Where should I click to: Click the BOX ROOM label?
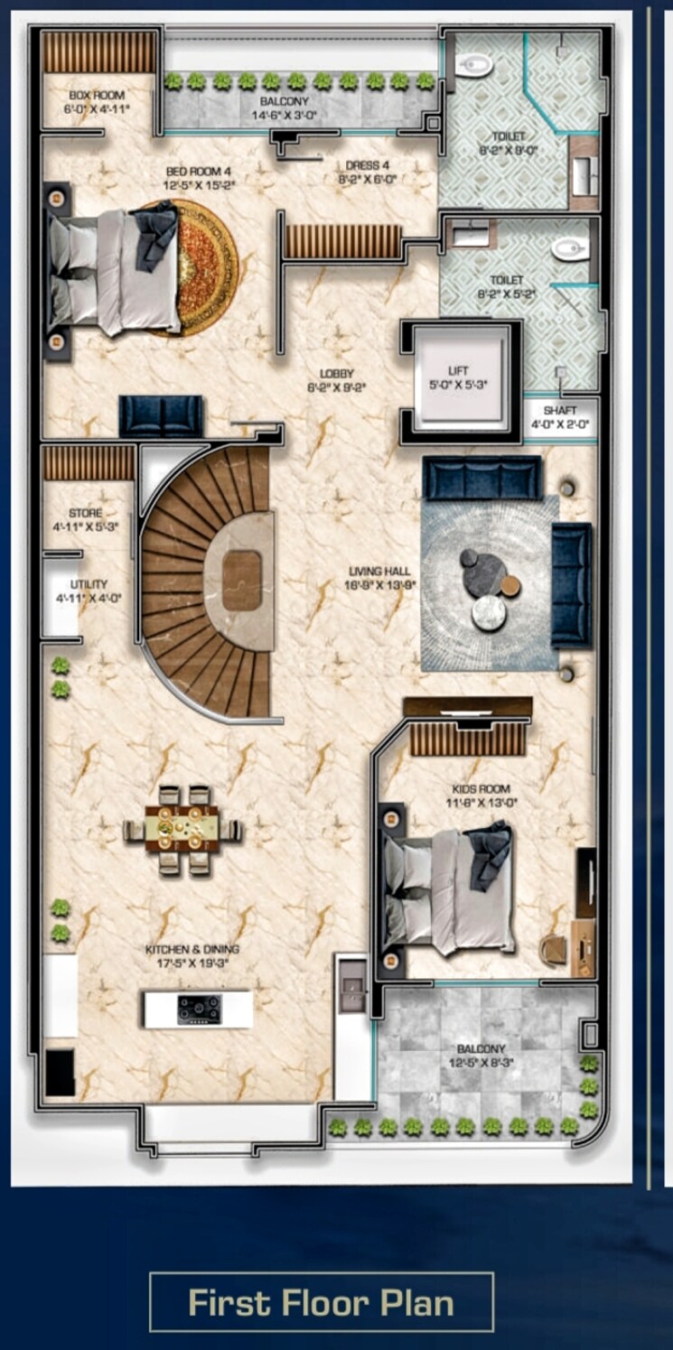(x=98, y=95)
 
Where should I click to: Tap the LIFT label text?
(x=459, y=370)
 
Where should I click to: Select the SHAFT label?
(x=559, y=410)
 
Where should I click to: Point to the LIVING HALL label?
(x=380, y=571)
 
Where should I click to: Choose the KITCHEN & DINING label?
(x=193, y=950)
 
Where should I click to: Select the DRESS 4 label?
(x=368, y=166)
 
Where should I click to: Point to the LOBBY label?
(x=336, y=373)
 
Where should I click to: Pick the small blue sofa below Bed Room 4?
(x=162, y=416)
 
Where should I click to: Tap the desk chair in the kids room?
(x=552, y=948)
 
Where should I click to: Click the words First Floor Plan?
(x=321, y=1303)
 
